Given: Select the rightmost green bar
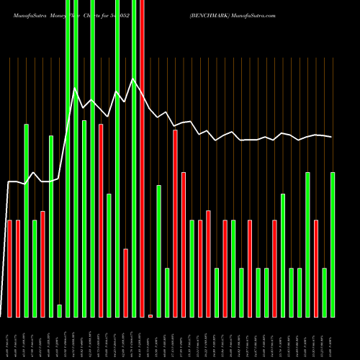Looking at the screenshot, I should (x=333, y=244).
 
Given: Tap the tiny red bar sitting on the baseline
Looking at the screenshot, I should (x=150, y=315).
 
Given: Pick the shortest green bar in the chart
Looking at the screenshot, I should (x=59, y=310).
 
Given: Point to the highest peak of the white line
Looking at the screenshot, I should (x=132, y=79).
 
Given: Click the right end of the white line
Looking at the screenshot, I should (x=332, y=137).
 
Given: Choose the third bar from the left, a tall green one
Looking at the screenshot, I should (x=26, y=220).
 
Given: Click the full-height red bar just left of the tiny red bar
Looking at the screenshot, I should (x=142, y=158).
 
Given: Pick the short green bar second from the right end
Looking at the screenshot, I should (x=324, y=292).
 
